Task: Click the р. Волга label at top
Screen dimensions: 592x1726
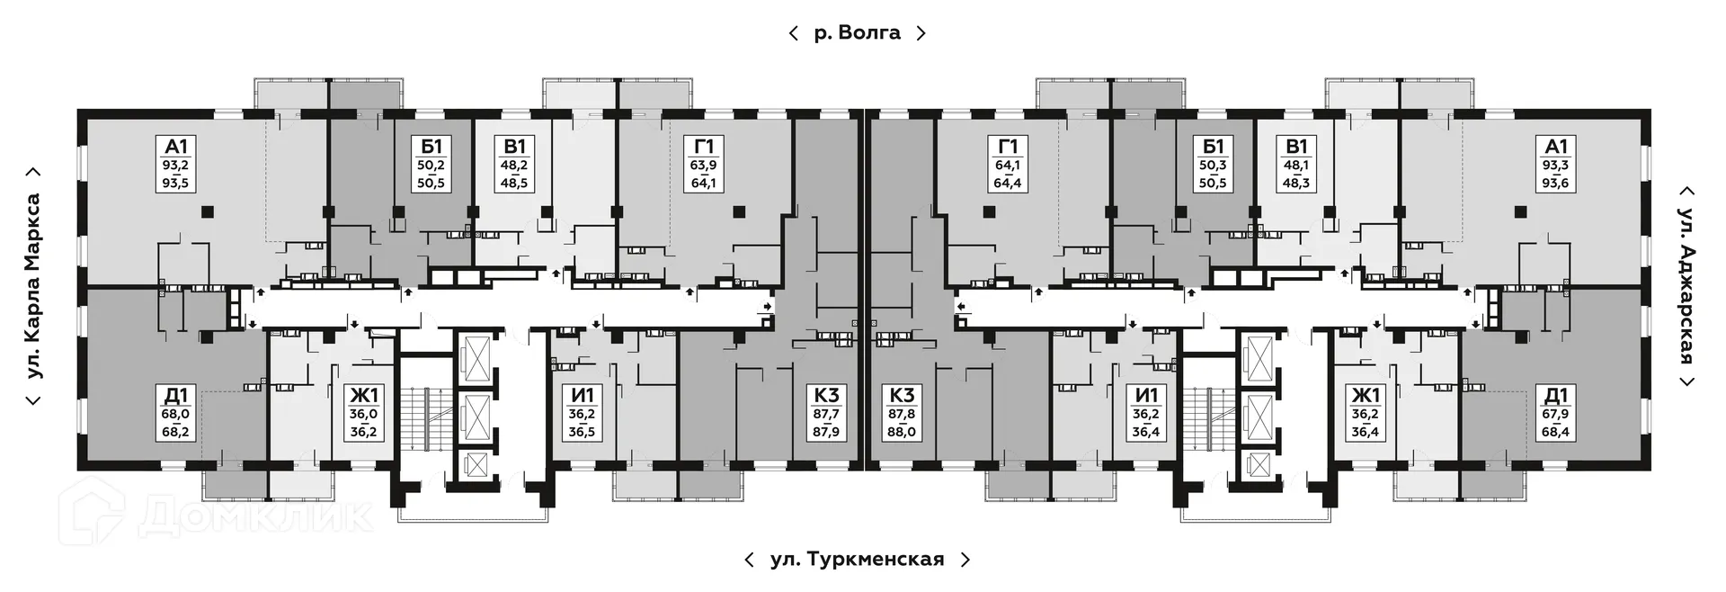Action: click(x=857, y=33)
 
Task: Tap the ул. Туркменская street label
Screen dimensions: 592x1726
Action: click(x=857, y=560)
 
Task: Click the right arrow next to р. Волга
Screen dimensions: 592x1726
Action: click(x=921, y=33)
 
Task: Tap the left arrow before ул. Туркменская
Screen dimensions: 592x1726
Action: click(x=749, y=560)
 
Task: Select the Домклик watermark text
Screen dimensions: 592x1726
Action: click(x=256, y=516)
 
